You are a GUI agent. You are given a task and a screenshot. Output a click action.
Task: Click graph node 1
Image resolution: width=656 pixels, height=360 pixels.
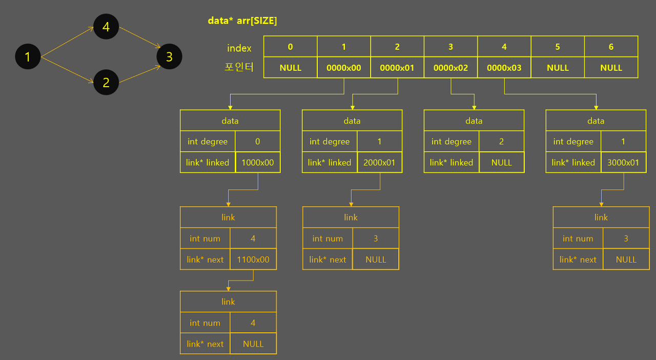(28, 56)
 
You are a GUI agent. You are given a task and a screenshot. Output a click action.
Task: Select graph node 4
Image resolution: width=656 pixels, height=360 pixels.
(106, 27)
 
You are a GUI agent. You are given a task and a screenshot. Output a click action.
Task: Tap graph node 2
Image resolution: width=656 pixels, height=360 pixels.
(106, 82)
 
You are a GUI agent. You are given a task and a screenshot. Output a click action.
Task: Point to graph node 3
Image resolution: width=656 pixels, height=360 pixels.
(169, 56)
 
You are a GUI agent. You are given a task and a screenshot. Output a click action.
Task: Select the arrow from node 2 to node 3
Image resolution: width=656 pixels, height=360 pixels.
(137, 73)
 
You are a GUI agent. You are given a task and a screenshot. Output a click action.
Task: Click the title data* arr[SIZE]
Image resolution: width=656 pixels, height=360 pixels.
(242, 21)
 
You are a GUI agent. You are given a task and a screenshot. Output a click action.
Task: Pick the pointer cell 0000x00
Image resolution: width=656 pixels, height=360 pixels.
(344, 68)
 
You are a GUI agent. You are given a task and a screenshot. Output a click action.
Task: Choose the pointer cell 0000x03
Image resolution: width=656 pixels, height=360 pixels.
(504, 68)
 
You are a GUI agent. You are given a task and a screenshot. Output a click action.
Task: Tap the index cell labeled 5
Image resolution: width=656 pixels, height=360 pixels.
(558, 47)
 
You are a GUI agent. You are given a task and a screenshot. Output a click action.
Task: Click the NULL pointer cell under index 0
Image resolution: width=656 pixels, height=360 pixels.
(291, 68)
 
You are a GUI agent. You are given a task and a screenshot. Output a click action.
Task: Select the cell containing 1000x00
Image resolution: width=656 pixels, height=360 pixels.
(258, 163)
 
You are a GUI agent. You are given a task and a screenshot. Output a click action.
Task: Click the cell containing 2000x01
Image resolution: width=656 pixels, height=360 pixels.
(380, 163)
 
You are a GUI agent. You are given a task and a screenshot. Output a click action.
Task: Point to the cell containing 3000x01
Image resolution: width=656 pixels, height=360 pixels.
(624, 163)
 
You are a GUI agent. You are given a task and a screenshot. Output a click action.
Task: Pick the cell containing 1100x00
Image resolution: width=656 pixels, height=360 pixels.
(253, 259)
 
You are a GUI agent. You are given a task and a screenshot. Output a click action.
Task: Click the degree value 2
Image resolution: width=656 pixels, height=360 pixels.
(501, 142)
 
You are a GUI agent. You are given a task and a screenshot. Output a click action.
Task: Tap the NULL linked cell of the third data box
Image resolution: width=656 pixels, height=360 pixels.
(501, 163)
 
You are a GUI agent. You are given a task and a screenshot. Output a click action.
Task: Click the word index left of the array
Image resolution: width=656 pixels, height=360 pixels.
(239, 48)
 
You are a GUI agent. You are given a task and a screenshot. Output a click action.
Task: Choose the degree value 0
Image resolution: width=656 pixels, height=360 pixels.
(258, 142)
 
